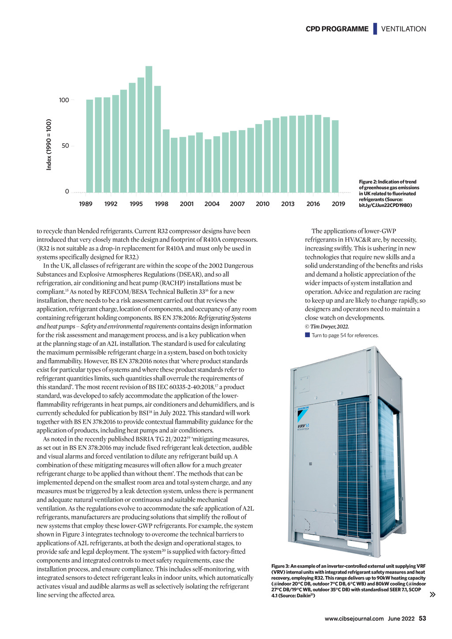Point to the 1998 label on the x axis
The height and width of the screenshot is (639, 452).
coord(162,204)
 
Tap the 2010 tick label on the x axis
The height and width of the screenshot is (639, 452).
coord(263,204)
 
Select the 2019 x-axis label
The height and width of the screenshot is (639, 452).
coord(339,204)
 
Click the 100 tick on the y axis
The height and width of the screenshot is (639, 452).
coord(64,100)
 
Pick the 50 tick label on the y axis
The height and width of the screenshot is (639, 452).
coord(65,146)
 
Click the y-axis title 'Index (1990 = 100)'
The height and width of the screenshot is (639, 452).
coord(49,145)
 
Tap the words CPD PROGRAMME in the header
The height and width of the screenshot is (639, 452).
coord(337,29)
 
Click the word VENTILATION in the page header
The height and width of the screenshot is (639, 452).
coord(403,29)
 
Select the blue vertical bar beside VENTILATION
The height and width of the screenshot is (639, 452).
coord(375,29)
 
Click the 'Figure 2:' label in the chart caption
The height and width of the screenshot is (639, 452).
coord(368,182)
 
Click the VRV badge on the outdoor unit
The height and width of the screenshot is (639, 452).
coord(303,427)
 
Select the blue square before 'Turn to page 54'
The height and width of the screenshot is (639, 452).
coord(307,335)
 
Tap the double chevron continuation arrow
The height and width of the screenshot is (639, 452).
coord(433,594)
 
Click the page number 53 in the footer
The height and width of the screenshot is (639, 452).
coord(422,619)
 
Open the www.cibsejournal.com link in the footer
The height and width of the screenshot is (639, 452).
coord(354,619)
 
